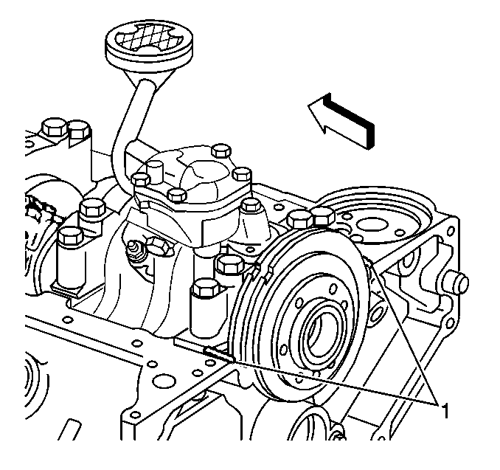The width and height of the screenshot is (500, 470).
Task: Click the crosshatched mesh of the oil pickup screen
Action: coord(149,37)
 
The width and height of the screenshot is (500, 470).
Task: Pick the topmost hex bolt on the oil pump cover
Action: coord(221,150)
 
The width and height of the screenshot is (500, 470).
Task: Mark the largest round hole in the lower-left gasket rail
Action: coord(164,381)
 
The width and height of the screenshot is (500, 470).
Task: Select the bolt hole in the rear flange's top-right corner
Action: coord(451,230)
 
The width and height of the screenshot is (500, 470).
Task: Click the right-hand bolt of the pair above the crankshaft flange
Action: coord(323,216)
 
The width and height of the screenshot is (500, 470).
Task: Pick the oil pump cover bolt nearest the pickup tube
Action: coord(140,179)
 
